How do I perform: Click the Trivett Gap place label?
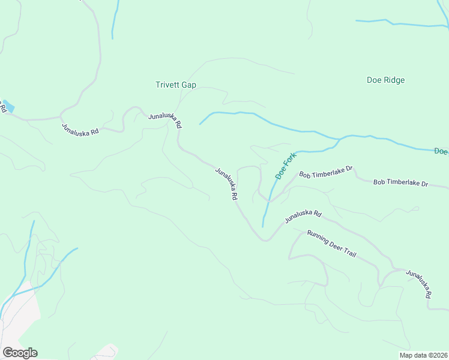point(176,85)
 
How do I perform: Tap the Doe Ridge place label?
point(385,80)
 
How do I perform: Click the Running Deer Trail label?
point(332,244)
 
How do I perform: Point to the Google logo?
point(20,353)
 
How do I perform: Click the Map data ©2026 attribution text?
point(423,355)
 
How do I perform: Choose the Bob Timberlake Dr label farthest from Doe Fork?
point(400,182)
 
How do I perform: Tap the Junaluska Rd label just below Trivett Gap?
point(165,119)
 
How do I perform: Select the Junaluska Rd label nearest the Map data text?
point(418,284)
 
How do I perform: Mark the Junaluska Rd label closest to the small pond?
point(80,129)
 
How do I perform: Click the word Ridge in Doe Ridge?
point(394,80)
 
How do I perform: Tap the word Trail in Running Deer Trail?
point(349,253)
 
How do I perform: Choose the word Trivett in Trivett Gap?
point(168,85)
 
